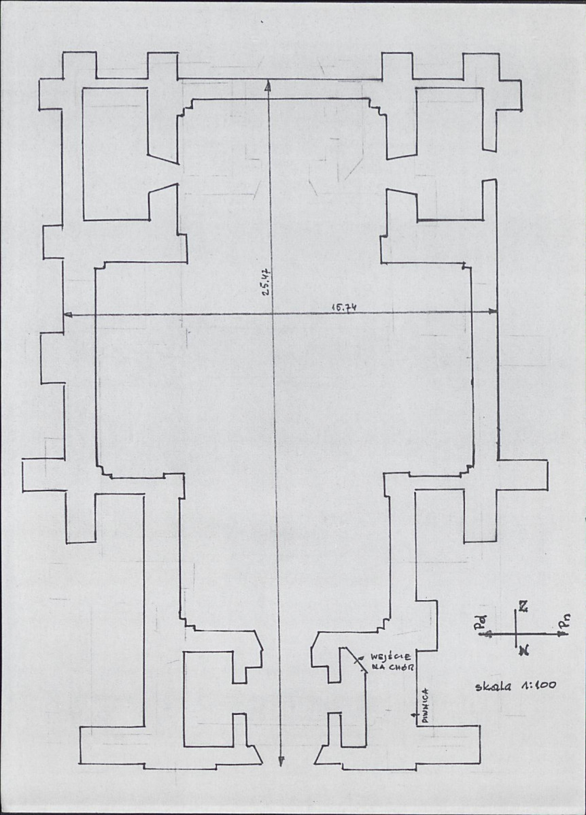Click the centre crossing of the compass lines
click(518, 633)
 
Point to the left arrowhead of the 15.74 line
click(67, 314)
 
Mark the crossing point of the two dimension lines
click(273, 313)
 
